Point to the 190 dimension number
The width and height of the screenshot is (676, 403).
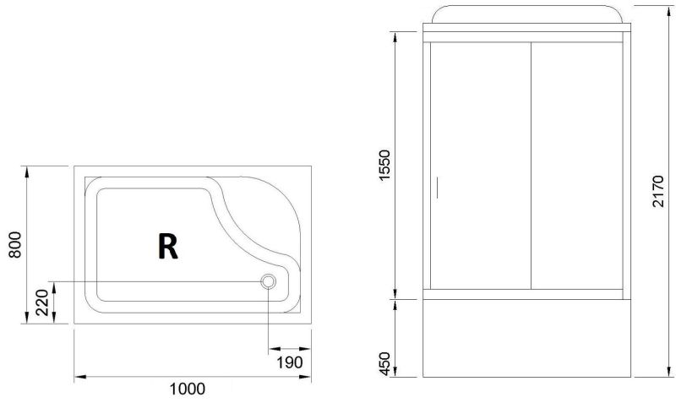(289, 362)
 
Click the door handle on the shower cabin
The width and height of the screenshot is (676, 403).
(437, 187)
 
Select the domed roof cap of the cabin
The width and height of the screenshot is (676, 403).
(529, 17)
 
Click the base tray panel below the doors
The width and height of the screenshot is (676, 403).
(529, 338)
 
